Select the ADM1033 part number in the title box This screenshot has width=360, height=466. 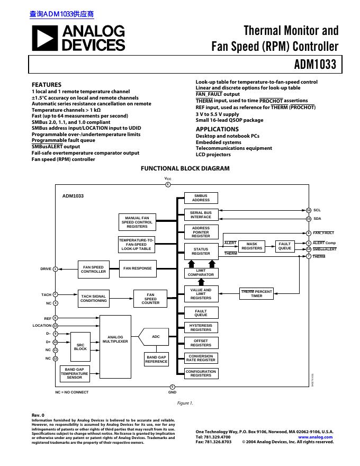(315, 65)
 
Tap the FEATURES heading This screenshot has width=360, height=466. (47, 85)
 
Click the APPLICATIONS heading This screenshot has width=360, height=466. (217, 129)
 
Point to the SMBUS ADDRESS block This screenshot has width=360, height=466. (201, 198)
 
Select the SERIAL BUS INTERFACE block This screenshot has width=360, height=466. (201, 214)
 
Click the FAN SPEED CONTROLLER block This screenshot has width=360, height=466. (93, 269)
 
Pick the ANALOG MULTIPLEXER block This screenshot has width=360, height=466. (115, 339)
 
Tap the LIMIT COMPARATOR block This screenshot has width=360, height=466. (201, 273)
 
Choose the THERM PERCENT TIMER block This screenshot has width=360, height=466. (256, 293)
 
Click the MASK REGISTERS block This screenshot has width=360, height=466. (251, 246)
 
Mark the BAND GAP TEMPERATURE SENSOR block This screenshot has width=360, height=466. (74, 374)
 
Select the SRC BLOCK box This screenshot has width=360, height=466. (80, 346)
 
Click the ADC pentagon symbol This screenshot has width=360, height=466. (154, 337)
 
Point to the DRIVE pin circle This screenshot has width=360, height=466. (55, 269)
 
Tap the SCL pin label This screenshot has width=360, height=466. (317, 210)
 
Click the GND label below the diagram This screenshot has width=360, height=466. (172, 392)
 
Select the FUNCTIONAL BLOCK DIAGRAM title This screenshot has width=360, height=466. (185, 168)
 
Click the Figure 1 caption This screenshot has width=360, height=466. (185, 403)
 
